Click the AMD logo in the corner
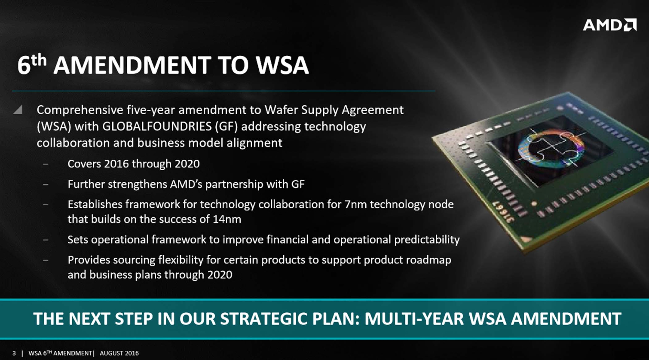point(609,25)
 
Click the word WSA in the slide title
point(282,65)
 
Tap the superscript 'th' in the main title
point(39,60)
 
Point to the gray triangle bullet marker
point(18,110)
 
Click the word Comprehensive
point(80,110)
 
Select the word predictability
point(427,240)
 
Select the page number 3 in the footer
point(14,353)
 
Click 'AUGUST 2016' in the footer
point(119,353)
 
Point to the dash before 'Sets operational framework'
point(46,240)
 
